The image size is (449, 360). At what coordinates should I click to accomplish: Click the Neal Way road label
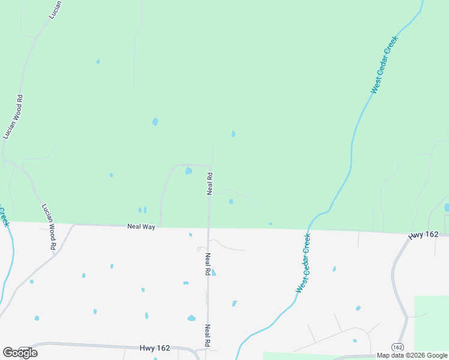pos(141,227)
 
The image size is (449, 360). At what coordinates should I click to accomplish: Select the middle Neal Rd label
pos(207,264)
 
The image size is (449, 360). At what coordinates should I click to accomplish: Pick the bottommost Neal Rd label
pos(207,336)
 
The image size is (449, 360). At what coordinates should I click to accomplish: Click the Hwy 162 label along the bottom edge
pos(155,347)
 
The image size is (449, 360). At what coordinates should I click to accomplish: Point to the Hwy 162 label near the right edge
pos(423,235)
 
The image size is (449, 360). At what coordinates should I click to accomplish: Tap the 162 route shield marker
pos(397,347)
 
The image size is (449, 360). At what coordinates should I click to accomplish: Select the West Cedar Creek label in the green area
pos(384,65)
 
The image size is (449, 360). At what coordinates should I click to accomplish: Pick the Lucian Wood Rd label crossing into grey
pos(49,227)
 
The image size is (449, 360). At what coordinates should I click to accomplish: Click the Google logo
pos(20,353)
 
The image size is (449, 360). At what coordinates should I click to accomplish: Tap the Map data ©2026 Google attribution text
pos(411,356)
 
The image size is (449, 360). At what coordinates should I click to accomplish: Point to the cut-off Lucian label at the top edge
pos(52,10)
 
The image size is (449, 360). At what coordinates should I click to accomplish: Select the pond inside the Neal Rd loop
pos(188,171)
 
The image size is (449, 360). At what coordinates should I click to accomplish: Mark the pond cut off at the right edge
pos(447,208)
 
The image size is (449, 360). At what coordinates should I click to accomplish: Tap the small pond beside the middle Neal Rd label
pos(214,272)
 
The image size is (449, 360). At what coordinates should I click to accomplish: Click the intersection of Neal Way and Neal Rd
pos(208,227)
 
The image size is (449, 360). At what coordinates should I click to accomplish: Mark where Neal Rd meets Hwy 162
pos(207,349)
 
